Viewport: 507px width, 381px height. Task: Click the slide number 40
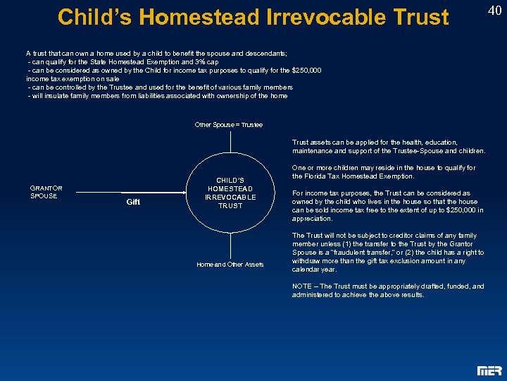coord(494,10)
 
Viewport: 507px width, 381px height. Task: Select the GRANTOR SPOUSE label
coord(46,191)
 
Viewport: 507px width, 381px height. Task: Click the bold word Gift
coord(133,202)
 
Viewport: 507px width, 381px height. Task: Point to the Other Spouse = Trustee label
coord(228,125)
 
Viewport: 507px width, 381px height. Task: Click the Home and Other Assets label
coord(230,265)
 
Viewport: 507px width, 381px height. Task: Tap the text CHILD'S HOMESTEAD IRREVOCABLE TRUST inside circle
coord(230,193)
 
